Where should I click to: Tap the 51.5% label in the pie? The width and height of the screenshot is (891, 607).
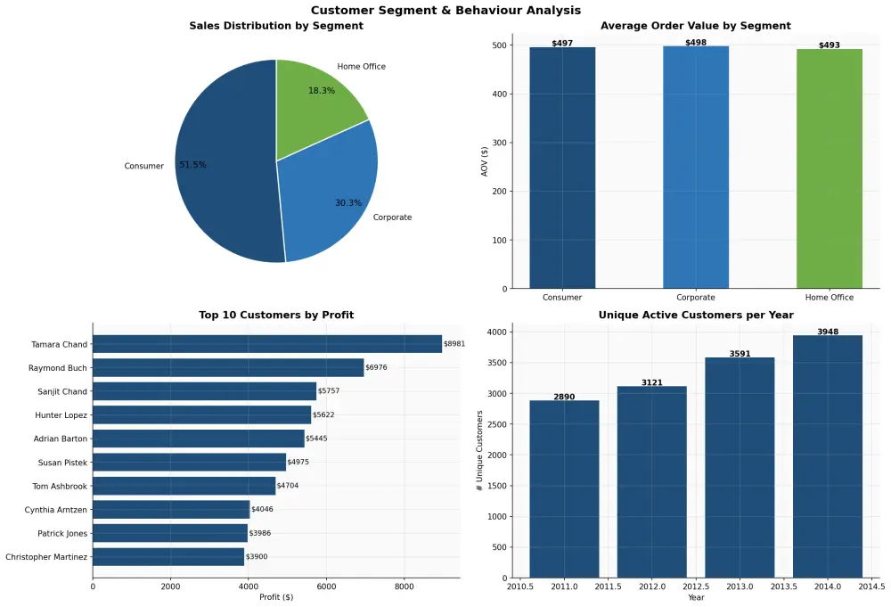(192, 165)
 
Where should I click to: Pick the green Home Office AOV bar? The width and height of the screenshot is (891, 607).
(829, 169)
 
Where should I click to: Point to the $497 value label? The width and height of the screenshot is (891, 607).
(562, 43)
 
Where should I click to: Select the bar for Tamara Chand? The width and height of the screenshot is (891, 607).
(267, 344)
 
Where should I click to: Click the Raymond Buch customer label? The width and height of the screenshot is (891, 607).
(58, 368)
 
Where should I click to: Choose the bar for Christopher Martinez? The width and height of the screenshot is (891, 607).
(168, 557)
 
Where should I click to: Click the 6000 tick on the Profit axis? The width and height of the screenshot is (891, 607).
(326, 586)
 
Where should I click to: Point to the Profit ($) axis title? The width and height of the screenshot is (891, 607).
(275, 597)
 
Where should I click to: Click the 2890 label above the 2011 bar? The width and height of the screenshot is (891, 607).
(564, 395)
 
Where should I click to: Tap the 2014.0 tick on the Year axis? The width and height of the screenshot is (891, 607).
(828, 586)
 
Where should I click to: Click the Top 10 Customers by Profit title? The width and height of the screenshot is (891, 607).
(276, 315)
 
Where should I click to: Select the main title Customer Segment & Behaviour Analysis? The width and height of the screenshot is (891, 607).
(445, 10)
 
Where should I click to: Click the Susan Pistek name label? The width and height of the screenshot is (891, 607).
(62, 463)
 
